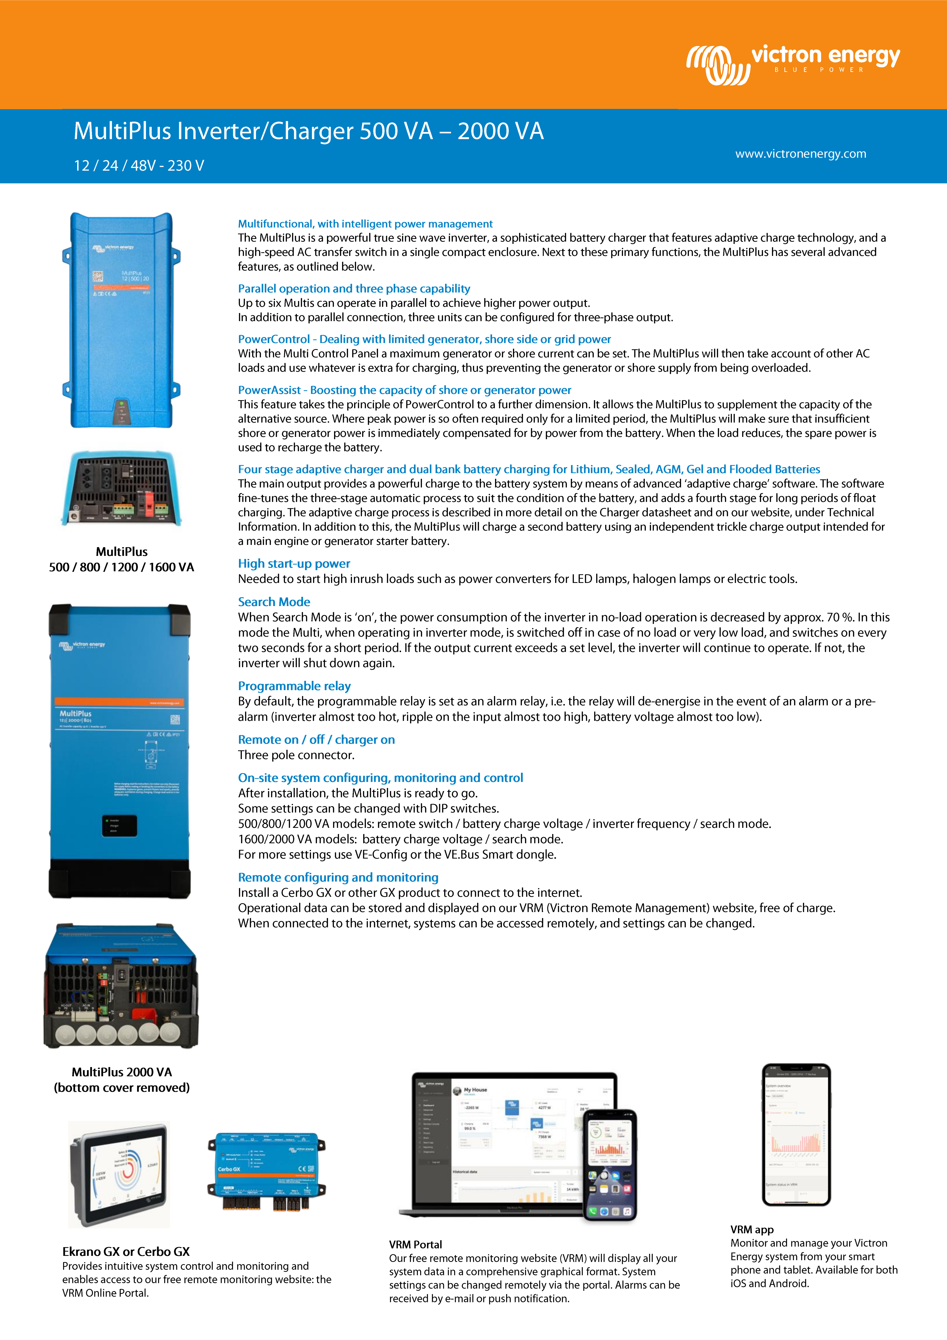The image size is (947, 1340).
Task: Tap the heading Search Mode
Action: [274, 602]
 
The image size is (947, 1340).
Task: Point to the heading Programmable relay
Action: [294, 686]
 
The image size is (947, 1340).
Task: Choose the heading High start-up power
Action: [293, 563]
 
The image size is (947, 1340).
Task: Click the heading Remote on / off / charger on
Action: [316, 740]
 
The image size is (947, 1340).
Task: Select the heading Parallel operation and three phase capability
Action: [354, 288]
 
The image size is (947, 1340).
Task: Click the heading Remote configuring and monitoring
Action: [338, 877]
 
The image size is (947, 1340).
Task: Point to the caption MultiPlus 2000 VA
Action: [121, 1071]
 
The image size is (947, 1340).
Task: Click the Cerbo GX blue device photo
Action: [267, 1171]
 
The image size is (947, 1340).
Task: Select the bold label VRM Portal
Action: [415, 1244]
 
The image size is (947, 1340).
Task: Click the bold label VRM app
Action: [751, 1229]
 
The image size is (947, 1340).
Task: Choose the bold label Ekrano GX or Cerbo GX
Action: [126, 1251]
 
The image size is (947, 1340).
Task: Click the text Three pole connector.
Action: [296, 755]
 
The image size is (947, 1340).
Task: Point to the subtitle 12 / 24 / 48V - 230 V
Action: [139, 166]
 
